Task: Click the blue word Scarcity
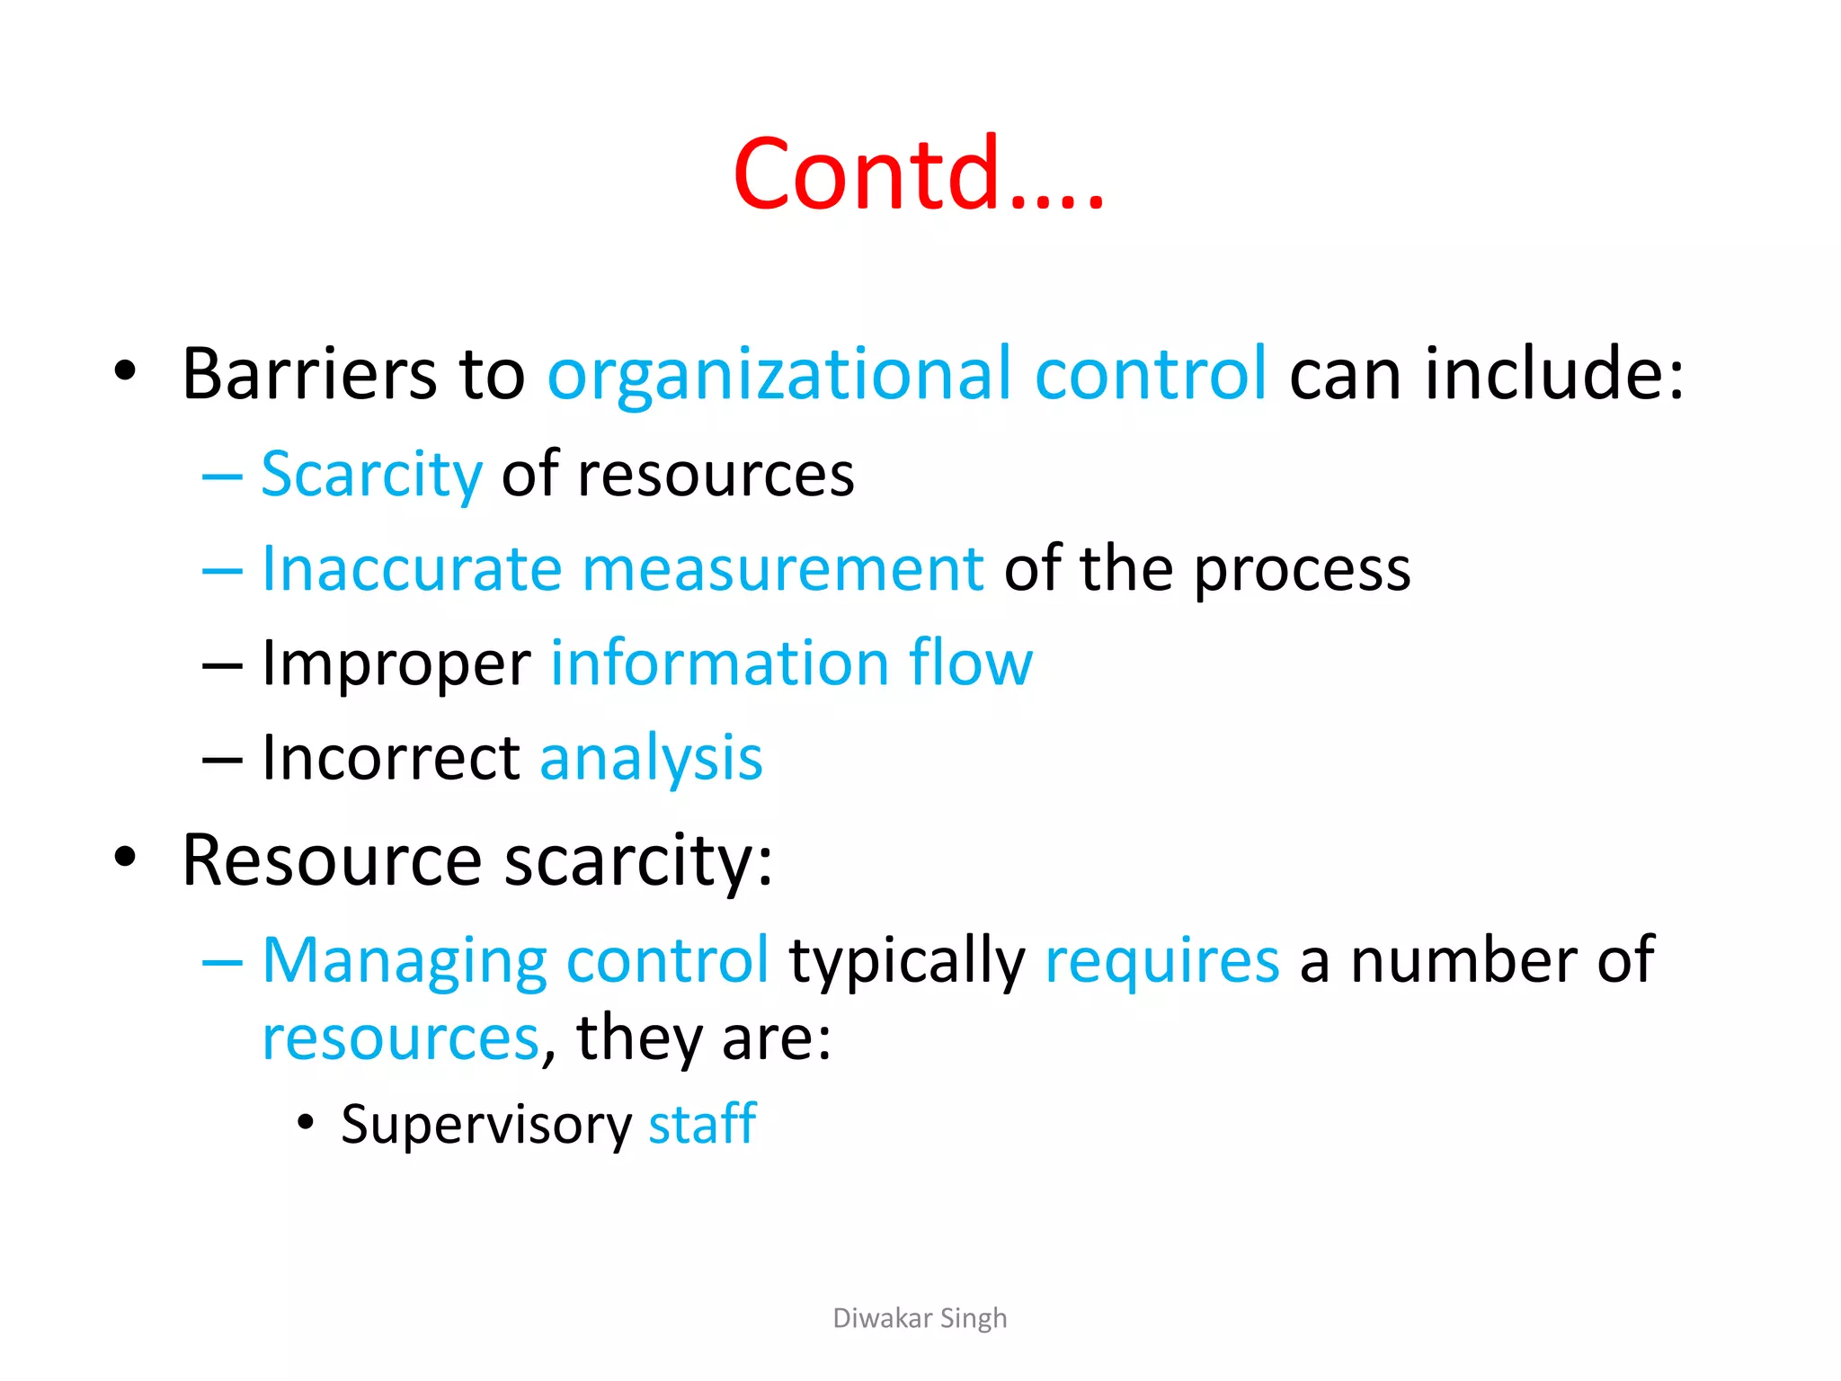click(x=371, y=474)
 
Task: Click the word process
click(x=1303, y=570)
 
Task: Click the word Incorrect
click(x=391, y=757)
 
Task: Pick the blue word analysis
click(x=651, y=759)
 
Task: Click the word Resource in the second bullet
click(x=332, y=860)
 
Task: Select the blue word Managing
click(x=404, y=961)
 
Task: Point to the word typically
click(x=907, y=961)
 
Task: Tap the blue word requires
click(x=1161, y=961)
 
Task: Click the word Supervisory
click(x=486, y=1125)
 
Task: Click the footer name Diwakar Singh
click(x=920, y=1318)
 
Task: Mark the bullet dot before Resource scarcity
click(x=125, y=858)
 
